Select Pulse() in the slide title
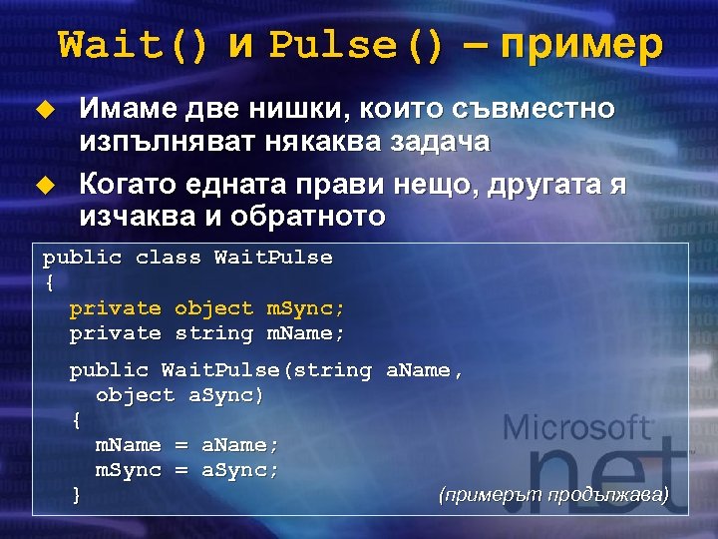point(356,45)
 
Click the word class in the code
point(168,258)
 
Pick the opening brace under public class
point(49,283)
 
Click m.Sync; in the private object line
point(305,308)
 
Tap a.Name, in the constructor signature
point(425,370)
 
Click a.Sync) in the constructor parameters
point(226,395)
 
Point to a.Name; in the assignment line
point(240,444)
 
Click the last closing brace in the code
point(76,493)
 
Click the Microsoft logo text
point(577,430)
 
